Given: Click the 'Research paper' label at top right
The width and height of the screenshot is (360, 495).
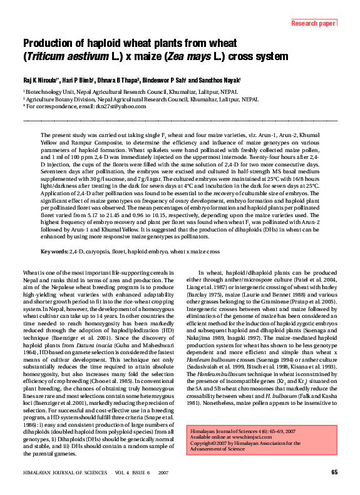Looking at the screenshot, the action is pos(314,24).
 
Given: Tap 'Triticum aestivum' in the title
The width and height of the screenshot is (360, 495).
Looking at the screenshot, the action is pos(63,55).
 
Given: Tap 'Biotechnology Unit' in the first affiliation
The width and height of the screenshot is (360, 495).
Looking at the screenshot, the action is pos(49,91).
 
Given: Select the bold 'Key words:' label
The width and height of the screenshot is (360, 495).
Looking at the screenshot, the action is pos(54,252).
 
